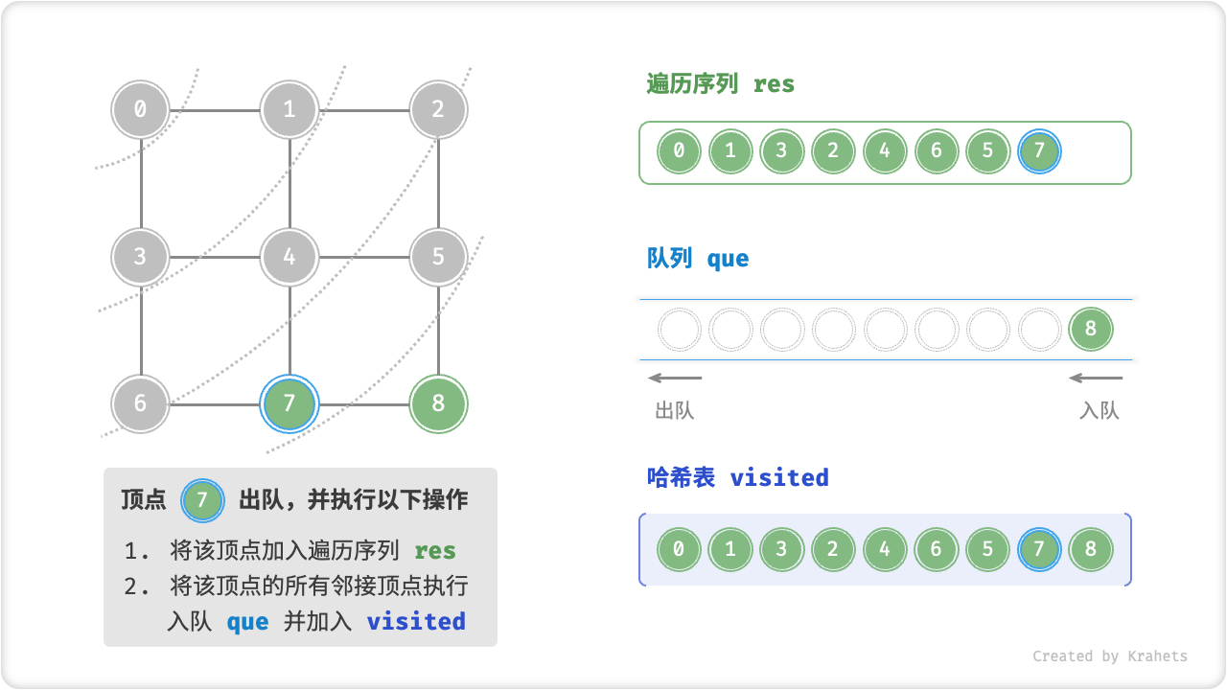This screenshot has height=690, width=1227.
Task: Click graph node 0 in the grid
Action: pyautogui.click(x=140, y=109)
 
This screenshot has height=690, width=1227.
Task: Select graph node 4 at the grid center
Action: pyautogui.click(x=289, y=257)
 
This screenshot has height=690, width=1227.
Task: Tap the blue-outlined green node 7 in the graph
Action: pyautogui.click(x=289, y=402)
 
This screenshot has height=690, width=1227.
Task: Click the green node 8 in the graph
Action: pyautogui.click(x=438, y=402)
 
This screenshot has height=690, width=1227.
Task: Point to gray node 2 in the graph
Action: pyautogui.click(x=438, y=109)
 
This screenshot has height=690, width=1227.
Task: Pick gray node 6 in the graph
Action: pyautogui.click(x=140, y=402)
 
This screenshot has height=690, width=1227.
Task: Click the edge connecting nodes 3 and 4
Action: pyautogui.click(x=215, y=257)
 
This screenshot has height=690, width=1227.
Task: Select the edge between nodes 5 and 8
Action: pyautogui.click(x=438, y=330)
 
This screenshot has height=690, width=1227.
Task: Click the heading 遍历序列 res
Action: pyautogui.click(x=721, y=84)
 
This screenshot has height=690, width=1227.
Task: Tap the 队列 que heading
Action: pyautogui.click(x=698, y=259)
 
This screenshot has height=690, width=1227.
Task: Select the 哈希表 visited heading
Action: pyautogui.click(x=737, y=477)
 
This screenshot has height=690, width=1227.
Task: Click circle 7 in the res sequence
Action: pyautogui.click(x=1040, y=151)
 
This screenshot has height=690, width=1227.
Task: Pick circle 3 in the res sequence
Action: pyautogui.click(x=782, y=151)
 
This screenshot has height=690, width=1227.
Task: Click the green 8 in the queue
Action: pyautogui.click(x=1091, y=330)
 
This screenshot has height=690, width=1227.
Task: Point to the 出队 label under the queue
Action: pyautogui.click(x=674, y=411)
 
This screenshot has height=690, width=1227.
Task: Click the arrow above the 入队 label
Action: pyautogui.click(x=1095, y=378)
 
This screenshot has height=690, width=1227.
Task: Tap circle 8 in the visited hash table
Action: pyautogui.click(x=1091, y=550)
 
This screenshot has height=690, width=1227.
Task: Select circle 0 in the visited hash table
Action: pyautogui.click(x=679, y=550)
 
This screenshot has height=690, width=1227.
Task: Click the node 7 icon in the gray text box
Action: pyautogui.click(x=201, y=500)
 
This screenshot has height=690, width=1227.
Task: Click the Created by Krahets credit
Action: pyautogui.click(x=1109, y=656)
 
